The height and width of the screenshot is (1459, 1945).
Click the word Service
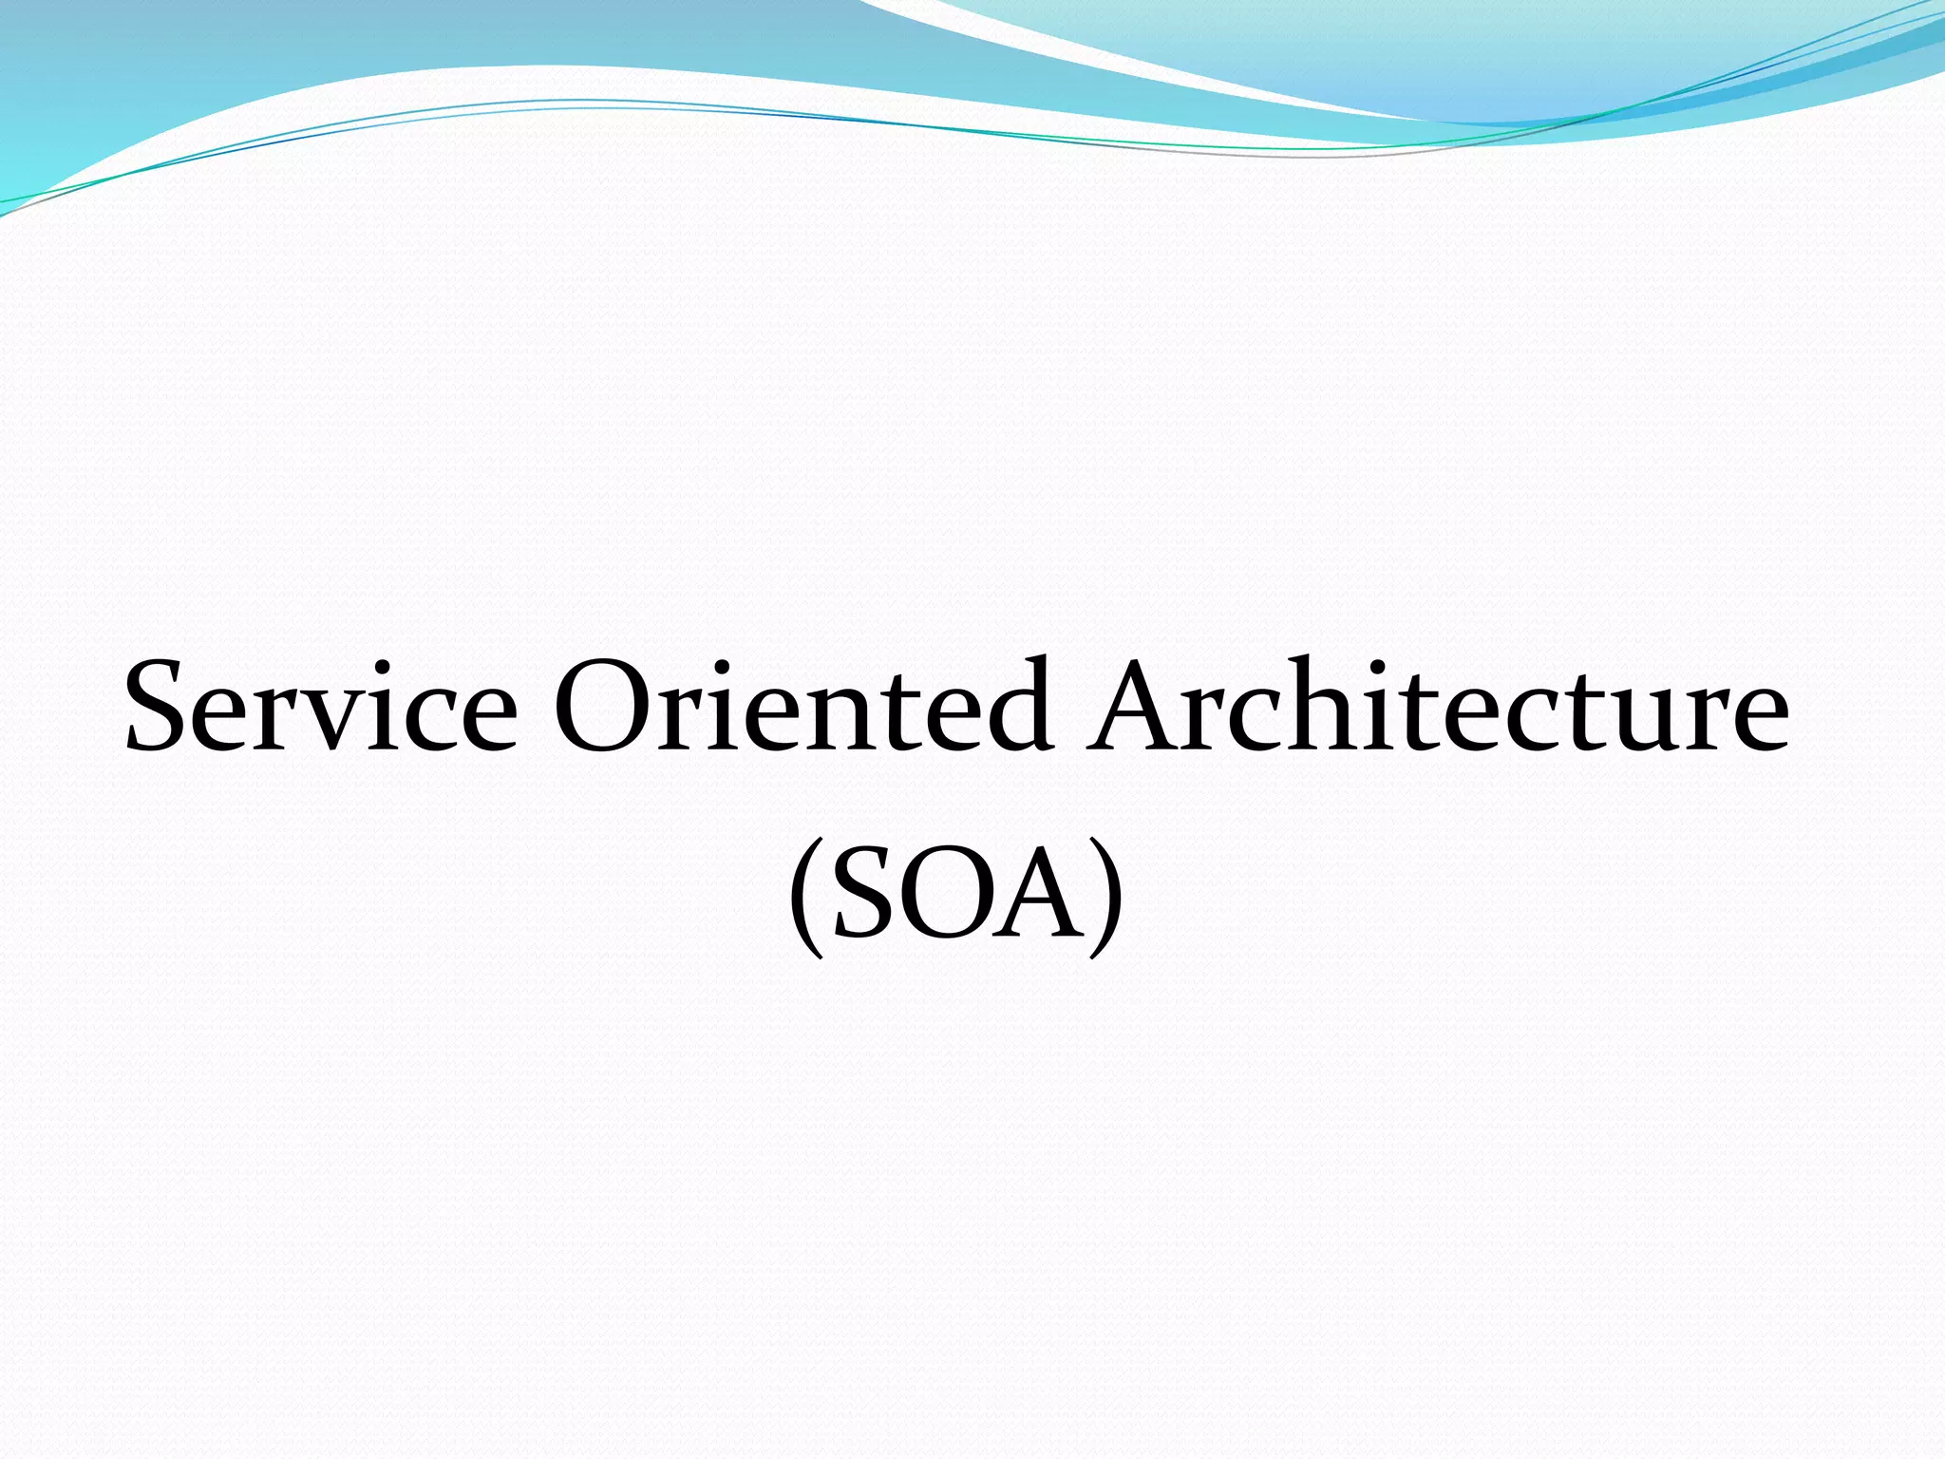[x=321, y=708]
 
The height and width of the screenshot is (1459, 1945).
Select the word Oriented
[x=803, y=708]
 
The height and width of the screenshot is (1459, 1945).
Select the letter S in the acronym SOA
[x=864, y=893]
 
